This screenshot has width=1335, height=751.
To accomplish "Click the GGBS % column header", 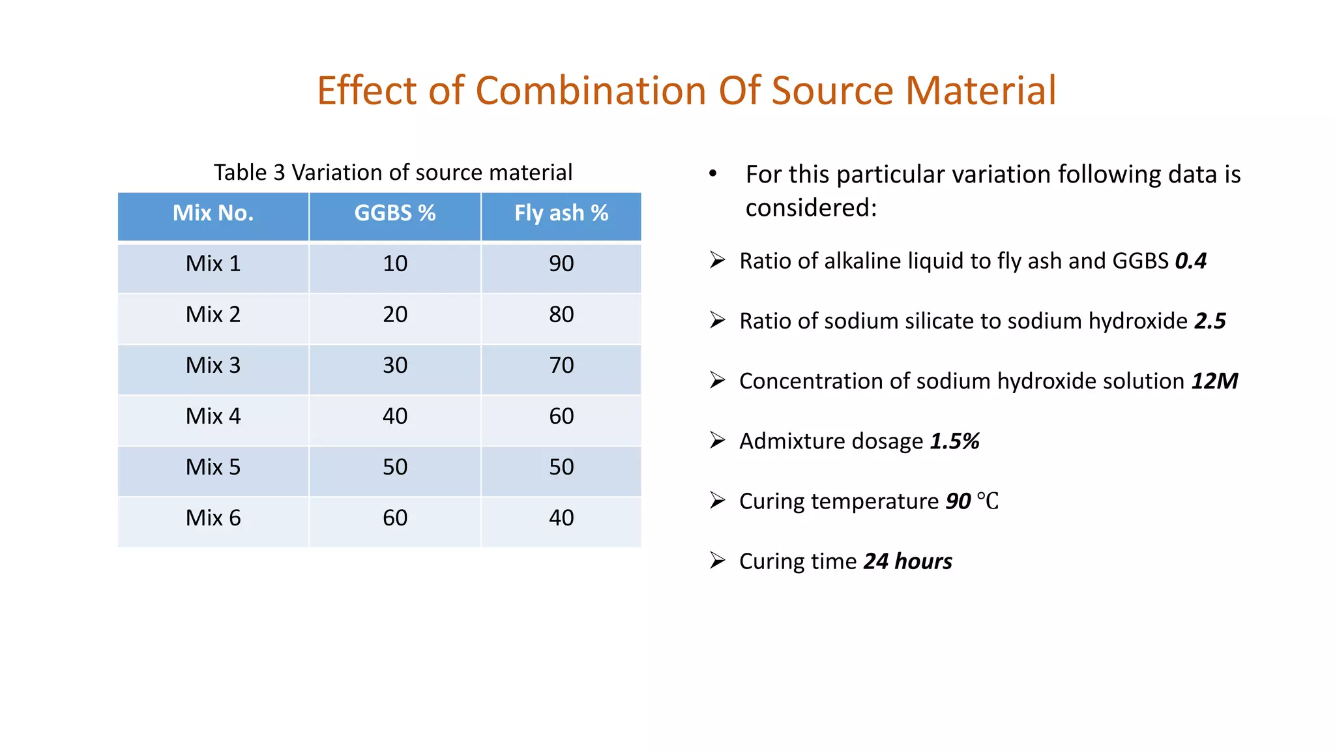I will (394, 213).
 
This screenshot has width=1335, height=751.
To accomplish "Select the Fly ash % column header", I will (561, 213).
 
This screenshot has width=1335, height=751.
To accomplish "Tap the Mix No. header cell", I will (213, 213).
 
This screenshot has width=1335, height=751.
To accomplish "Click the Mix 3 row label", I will (213, 365).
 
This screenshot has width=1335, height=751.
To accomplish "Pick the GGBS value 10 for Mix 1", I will (394, 263).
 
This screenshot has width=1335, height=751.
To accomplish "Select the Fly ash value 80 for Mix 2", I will (561, 314).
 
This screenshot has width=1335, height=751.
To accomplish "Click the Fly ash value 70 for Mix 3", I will (561, 365).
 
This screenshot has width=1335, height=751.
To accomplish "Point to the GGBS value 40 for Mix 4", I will (394, 416).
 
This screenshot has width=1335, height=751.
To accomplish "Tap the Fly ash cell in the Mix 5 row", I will (561, 467).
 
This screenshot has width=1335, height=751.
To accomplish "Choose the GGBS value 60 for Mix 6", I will (394, 518).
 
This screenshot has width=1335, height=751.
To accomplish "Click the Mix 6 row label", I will (213, 518).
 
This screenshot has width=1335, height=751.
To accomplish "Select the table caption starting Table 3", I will (392, 172).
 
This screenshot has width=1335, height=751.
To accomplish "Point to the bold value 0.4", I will (1190, 261).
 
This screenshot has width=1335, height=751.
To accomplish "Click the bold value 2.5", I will (1210, 321).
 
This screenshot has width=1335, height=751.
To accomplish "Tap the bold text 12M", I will (1214, 381).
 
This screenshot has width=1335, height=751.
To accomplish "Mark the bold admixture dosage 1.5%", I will (954, 441).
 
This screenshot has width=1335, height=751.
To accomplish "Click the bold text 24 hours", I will (907, 561).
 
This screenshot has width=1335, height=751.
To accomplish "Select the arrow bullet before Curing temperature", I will (718, 501).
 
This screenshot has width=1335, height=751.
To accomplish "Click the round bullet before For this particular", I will (713, 173).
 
